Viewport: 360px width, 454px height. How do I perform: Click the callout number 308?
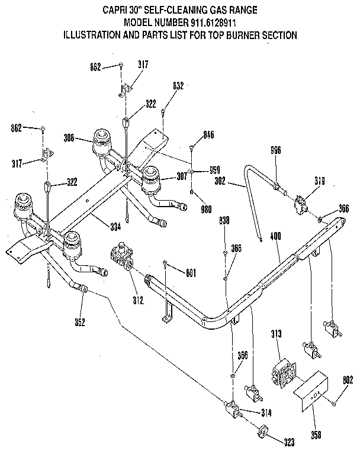point(69,139)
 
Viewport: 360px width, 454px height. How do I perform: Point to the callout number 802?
point(348,381)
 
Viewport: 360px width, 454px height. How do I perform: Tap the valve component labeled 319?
point(303,205)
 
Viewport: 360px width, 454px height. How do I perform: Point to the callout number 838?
point(225,220)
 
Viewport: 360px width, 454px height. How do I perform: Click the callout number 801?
point(191,273)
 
